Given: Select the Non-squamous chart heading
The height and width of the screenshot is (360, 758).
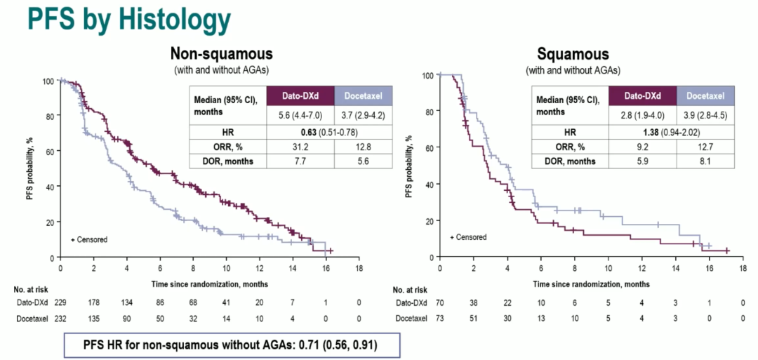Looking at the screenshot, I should coord(222,55).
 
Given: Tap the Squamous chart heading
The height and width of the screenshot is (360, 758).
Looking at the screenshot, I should coord(573,55).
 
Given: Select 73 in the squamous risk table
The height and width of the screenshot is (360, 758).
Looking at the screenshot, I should coord(440,319).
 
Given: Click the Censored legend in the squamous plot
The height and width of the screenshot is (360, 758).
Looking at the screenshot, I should coord(468,237).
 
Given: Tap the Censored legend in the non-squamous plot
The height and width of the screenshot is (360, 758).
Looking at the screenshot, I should coord(89,240).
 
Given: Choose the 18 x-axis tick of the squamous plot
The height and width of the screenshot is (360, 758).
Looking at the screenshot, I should coord(743,268).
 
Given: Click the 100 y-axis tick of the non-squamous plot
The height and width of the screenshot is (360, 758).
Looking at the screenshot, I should coord(48,81).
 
